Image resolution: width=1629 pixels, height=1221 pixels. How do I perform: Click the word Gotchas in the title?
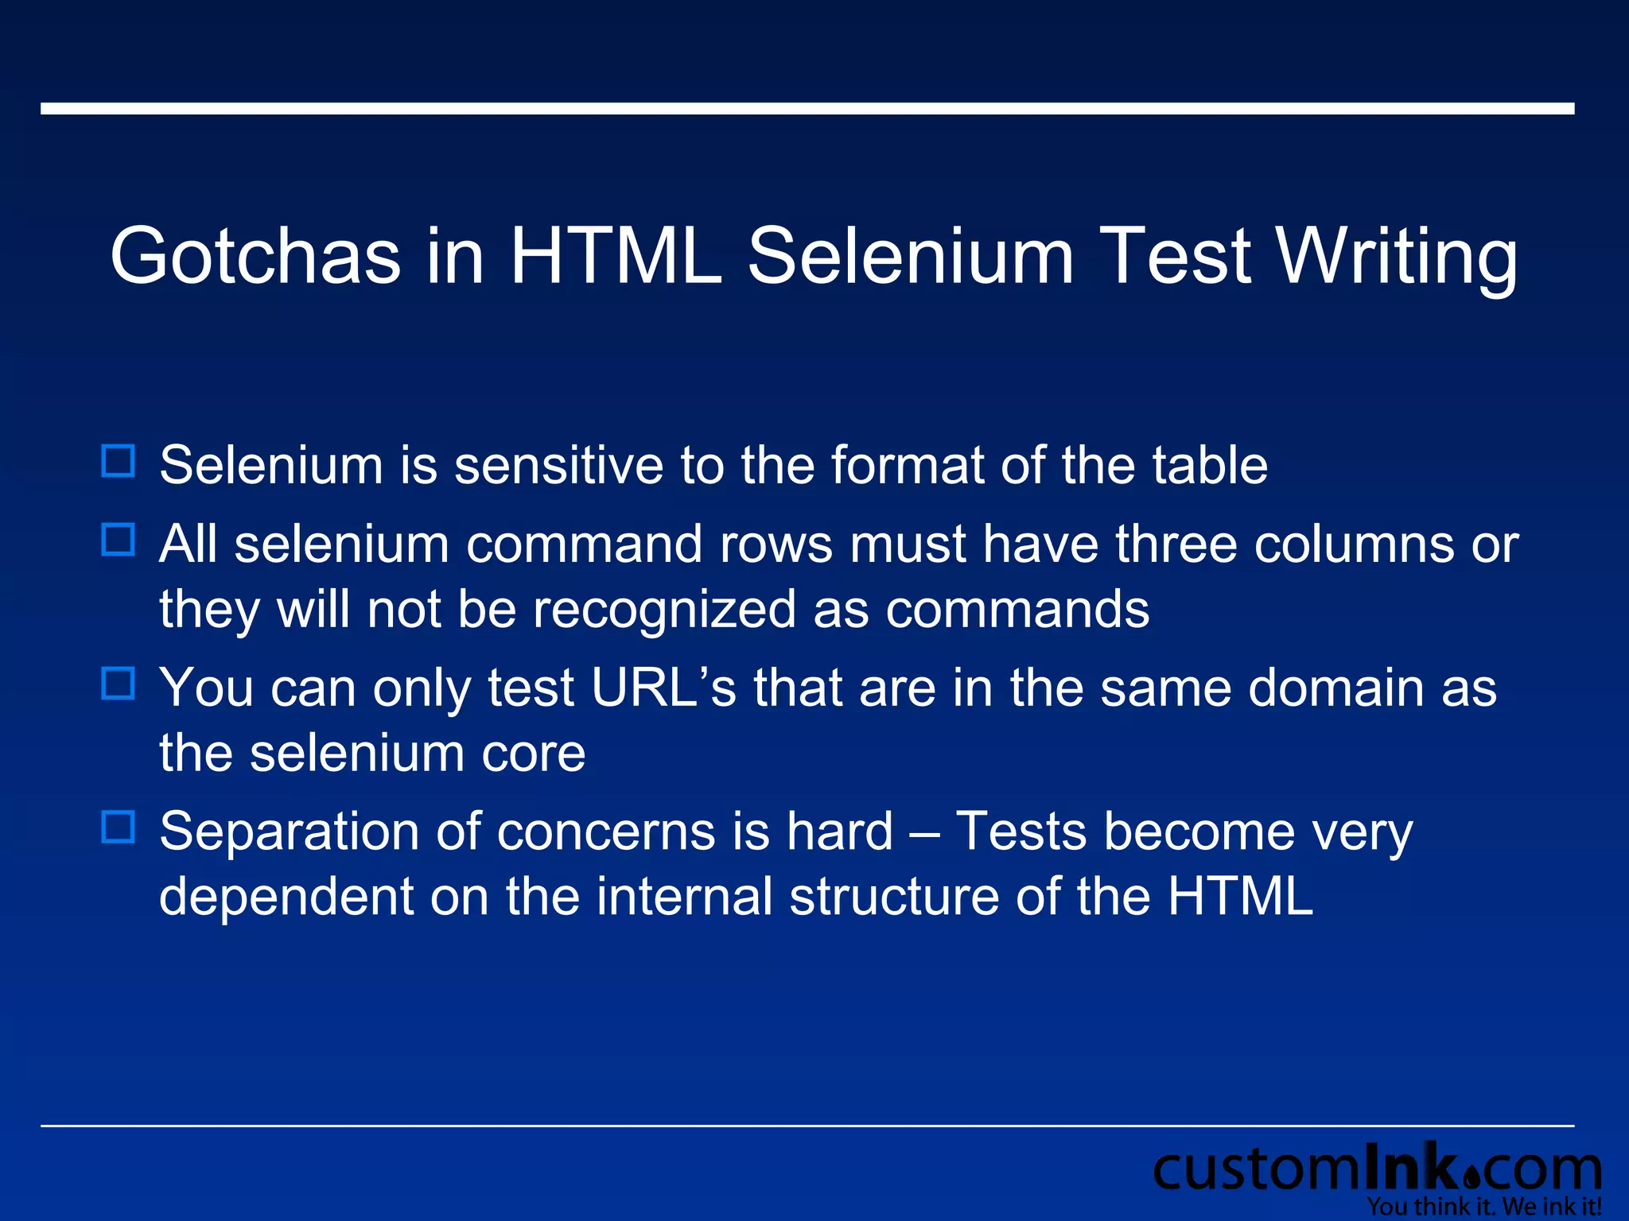255,256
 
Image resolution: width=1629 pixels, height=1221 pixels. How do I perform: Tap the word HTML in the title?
616,256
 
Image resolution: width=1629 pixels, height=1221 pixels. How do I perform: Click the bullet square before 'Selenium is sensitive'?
119,461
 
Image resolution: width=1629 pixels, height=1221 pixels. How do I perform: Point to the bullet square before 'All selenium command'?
119,540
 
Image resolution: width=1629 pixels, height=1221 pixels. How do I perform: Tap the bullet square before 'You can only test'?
119,683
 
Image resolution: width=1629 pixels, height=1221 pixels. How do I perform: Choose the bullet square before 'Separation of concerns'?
119,827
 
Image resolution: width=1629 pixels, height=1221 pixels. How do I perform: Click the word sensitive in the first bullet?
558,465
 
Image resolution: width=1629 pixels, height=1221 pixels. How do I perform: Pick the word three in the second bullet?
1176,545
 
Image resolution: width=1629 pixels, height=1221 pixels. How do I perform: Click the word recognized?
664,610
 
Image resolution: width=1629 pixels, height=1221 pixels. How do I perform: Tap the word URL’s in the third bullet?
664,688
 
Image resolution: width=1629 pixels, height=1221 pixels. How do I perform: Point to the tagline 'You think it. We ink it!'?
1484,1207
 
